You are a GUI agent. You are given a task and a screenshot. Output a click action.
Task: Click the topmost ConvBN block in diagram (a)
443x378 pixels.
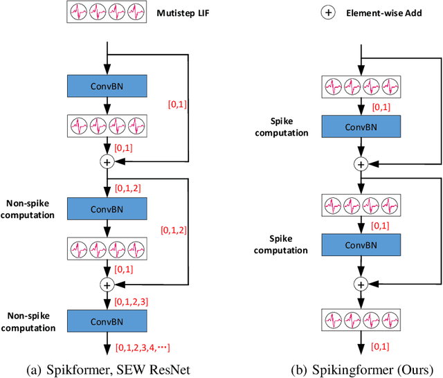107,85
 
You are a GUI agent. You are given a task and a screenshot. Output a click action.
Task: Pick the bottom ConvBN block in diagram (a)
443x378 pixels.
107,321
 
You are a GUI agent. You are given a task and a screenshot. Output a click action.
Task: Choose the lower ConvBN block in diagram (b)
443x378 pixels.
361,244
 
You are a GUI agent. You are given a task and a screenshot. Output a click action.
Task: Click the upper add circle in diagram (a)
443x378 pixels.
107,161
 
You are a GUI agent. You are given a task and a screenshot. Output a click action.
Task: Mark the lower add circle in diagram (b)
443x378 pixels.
361,283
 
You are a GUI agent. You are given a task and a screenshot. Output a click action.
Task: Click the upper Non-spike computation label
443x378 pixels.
31,208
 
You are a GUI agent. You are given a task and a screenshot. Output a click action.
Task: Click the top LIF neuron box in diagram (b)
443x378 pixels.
361,87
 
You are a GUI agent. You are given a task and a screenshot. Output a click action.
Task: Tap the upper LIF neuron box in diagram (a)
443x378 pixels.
107,125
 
